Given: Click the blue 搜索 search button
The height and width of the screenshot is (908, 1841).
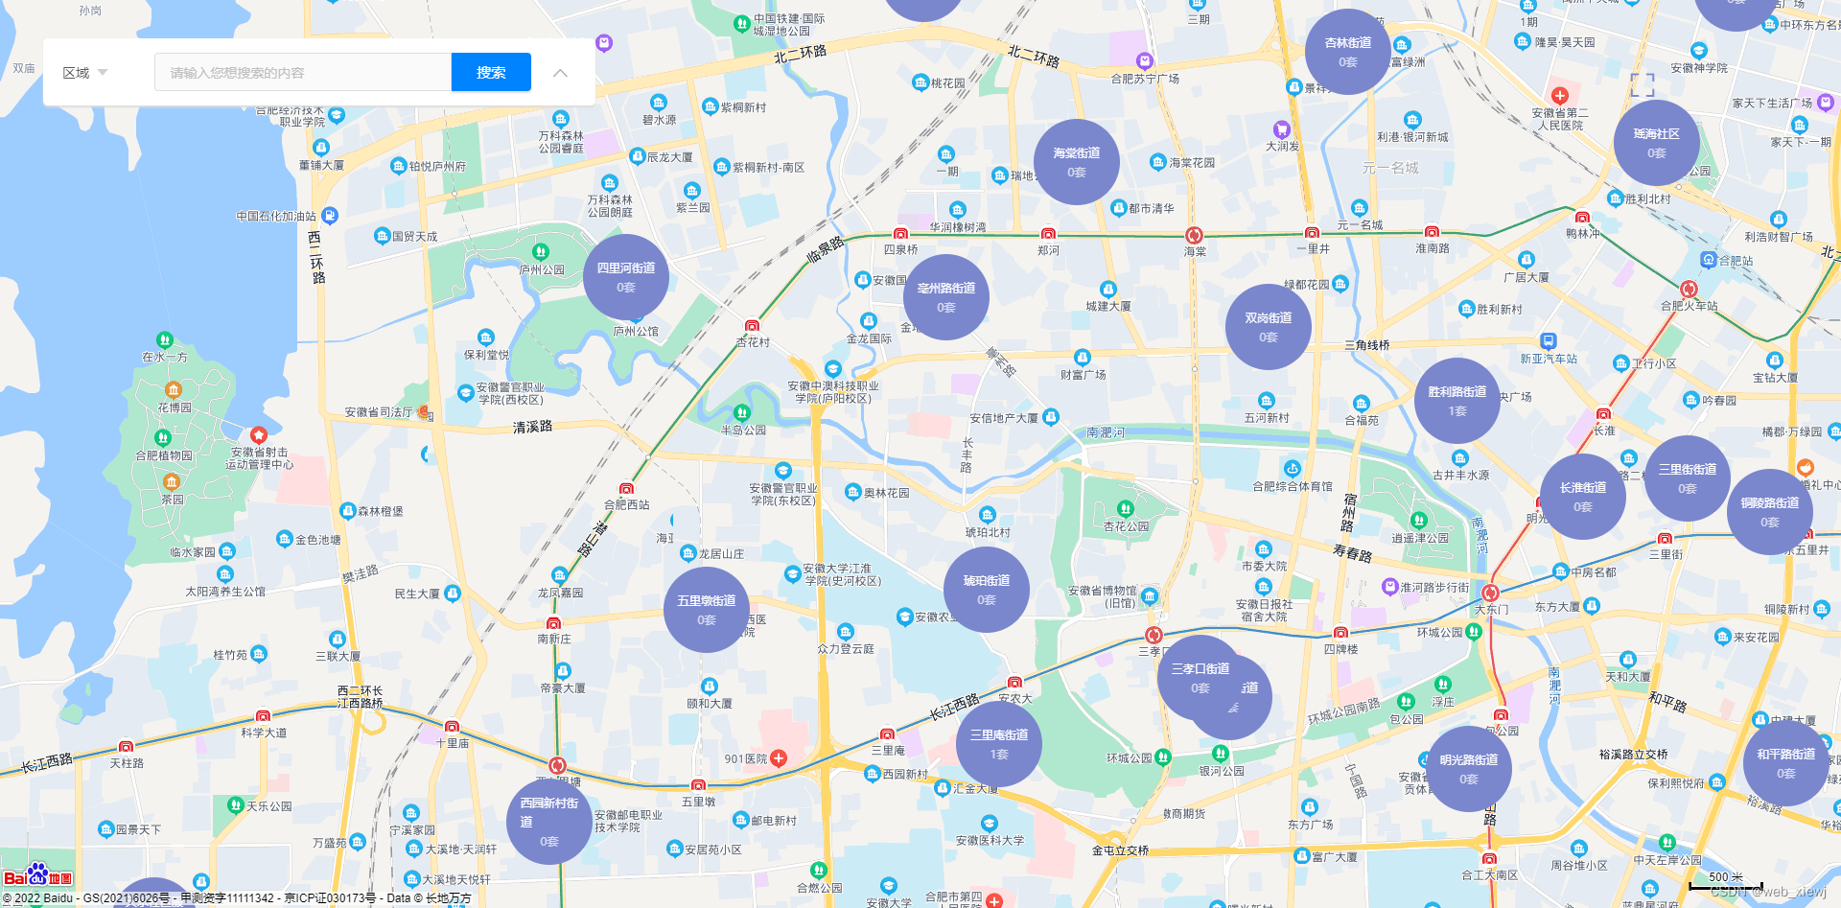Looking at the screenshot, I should click(491, 72).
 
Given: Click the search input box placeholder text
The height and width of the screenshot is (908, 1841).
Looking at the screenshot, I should click(237, 73).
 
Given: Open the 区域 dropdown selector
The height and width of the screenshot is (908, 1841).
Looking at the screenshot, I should click(85, 73).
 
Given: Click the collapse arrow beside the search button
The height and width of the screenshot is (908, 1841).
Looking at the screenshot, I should click(560, 73).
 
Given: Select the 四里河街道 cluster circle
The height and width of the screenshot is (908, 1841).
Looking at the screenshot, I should click(626, 277).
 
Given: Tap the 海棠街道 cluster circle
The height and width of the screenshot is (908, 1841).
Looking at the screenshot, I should click(1077, 162).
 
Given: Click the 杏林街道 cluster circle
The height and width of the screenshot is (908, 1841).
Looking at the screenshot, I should click(1347, 52).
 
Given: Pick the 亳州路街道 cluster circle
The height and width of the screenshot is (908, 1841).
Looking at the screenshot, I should click(946, 297).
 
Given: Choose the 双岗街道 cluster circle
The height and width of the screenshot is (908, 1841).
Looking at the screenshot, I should click(1268, 327).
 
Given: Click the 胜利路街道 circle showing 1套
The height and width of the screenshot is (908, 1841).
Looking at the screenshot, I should click(1457, 401).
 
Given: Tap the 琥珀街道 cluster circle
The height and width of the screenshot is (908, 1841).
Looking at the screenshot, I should click(987, 590).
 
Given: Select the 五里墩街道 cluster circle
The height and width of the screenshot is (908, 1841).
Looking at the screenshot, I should click(707, 610).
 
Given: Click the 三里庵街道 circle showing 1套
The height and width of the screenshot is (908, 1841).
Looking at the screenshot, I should click(999, 744).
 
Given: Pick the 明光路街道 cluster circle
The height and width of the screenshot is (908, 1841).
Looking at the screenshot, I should click(1468, 769).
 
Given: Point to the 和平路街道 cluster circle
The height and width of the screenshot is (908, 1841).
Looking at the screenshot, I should click(1785, 763).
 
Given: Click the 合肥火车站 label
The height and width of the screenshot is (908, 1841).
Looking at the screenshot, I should click(1690, 306).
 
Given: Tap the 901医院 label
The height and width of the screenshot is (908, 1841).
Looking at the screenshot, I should click(746, 758).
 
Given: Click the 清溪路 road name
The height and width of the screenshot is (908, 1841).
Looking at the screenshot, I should click(532, 427).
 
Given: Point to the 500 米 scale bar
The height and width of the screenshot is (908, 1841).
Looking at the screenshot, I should click(1726, 881).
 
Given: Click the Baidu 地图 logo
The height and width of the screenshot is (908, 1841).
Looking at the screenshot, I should click(37, 876).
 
